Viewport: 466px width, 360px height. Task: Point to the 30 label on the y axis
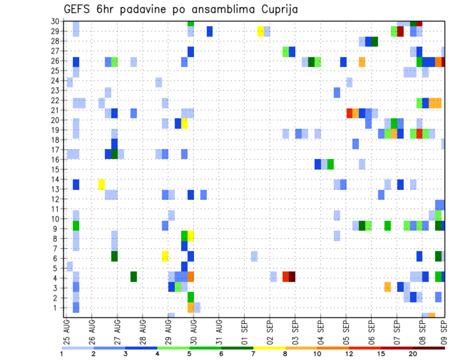pyautogui.click(x=56, y=21)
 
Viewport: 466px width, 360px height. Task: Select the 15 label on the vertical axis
pyautogui.click(x=56, y=169)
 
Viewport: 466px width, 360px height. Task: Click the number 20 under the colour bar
pyautogui.click(x=413, y=354)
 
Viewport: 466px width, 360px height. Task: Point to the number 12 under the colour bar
pyautogui.click(x=349, y=354)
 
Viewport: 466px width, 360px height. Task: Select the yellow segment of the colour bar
pyautogui.click(x=269, y=347)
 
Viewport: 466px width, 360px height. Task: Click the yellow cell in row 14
pyautogui.click(x=101, y=184)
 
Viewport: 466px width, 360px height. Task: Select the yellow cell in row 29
pyautogui.click(x=261, y=32)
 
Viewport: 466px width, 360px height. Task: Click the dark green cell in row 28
pyautogui.click(x=375, y=41)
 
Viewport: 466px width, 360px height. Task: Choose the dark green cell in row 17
pyautogui.click(x=115, y=154)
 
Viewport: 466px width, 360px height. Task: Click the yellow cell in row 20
pyautogui.click(x=184, y=123)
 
